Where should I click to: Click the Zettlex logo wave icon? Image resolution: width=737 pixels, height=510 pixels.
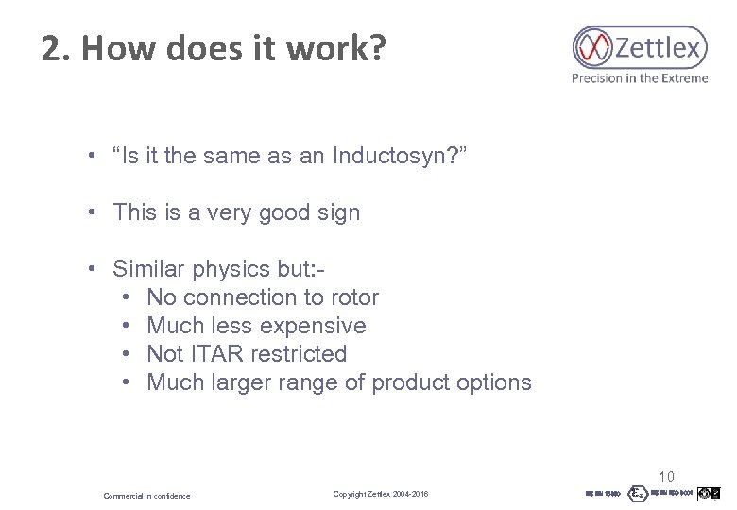click(x=593, y=46)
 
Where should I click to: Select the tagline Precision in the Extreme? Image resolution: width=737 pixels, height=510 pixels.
click(x=639, y=78)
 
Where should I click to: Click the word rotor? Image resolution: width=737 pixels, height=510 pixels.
click(x=353, y=297)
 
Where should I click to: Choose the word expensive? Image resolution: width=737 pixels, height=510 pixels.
click(x=313, y=326)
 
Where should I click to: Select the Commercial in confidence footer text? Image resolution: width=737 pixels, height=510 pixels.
click(x=146, y=496)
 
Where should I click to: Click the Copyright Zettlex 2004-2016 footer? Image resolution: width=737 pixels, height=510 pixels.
click(x=381, y=495)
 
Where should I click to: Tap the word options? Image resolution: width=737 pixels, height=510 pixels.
click(x=490, y=382)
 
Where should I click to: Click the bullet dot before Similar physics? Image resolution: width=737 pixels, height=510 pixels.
click(x=94, y=269)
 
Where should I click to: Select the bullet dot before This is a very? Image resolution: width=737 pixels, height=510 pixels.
click(x=94, y=212)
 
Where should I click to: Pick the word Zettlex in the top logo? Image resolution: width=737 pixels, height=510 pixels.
click(x=661, y=46)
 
